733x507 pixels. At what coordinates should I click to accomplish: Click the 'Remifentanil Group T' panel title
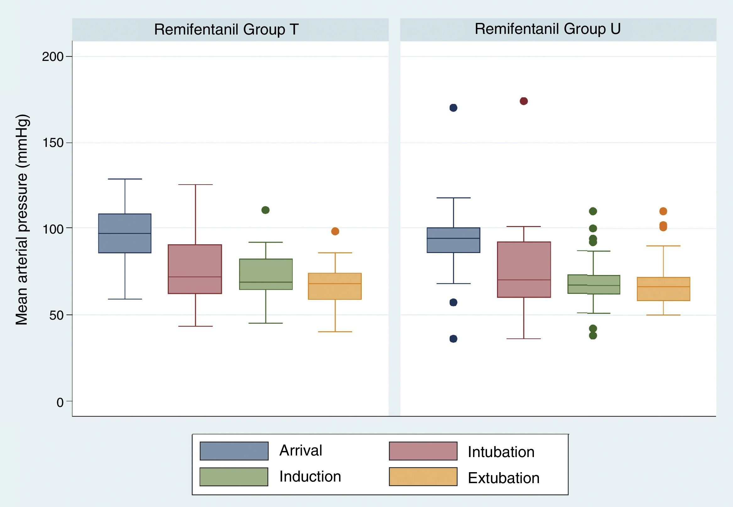pos(226,30)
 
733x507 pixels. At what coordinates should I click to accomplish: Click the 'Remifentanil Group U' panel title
pos(547,29)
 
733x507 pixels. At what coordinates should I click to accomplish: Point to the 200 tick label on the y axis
pos(53,57)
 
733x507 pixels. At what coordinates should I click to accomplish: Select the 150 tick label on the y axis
pos(53,143)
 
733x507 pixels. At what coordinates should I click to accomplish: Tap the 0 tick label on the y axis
pos(60,402)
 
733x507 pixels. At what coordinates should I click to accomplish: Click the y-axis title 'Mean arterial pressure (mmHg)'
pos(22,219)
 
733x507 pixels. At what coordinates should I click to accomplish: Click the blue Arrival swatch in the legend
pos(234,451)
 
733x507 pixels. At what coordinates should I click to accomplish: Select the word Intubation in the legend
pos(501,452)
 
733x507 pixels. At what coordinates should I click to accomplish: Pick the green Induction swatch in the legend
pos(234,477)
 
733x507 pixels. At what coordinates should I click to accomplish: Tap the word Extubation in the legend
pos(504,478)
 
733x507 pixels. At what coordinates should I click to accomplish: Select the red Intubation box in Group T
pos(195,269)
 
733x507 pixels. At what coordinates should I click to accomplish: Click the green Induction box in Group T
pos(266,274)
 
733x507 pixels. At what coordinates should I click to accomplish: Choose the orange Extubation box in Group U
pos(663,289)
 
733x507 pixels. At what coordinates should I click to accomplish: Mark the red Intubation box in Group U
pos(524,269)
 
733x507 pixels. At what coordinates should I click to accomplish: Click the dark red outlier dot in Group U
pos(524,101)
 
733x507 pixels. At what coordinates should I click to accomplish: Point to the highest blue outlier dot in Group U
pos(453,108)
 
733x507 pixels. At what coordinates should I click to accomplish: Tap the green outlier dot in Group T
pos(265,210)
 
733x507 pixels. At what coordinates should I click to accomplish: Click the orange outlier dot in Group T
pos(335,231)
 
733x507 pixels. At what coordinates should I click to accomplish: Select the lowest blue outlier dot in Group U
pos(453,339)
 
